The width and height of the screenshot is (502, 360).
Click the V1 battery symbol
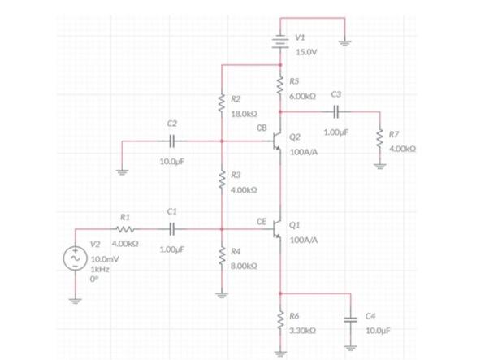click(280, 41)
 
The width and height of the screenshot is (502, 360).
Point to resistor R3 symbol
click(220, 181)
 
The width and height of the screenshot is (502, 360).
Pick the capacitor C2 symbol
click(171, 141)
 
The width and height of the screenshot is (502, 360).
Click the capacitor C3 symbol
click(335, 111)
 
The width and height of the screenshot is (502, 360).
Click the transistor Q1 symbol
click(277, 230)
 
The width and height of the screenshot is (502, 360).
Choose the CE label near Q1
click(262, 220)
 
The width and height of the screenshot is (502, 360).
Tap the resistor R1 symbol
click(124, 229)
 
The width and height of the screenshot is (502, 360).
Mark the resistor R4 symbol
click(220, 258)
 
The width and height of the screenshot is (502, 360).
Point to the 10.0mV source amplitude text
click(103, 258)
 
